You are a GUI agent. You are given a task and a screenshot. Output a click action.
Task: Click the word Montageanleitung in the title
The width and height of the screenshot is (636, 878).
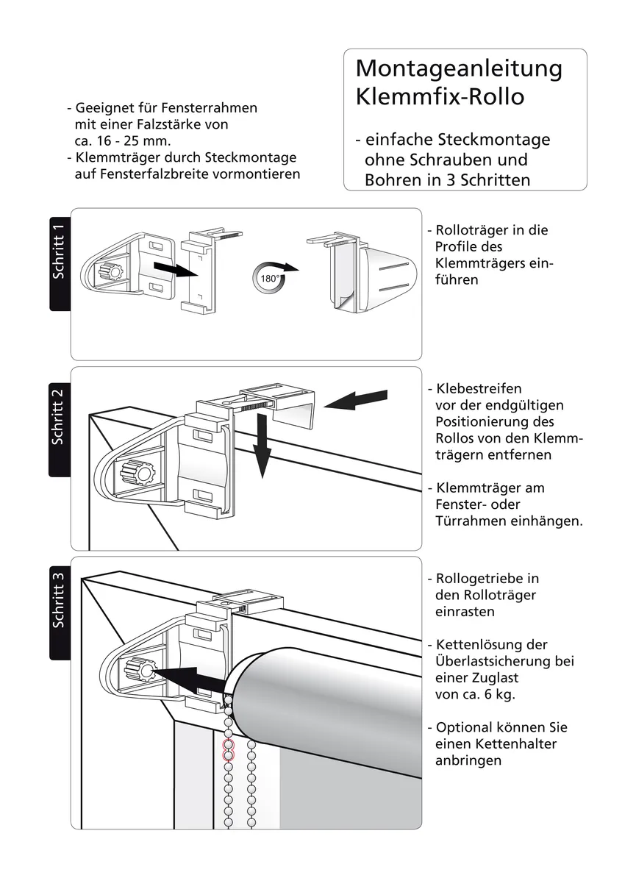(x=459, y=68)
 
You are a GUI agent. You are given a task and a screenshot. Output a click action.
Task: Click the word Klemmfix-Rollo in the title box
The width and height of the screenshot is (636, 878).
(x=440, y=96)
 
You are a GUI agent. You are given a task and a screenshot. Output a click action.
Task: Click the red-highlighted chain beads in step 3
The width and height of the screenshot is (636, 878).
(x=228, y=750)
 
